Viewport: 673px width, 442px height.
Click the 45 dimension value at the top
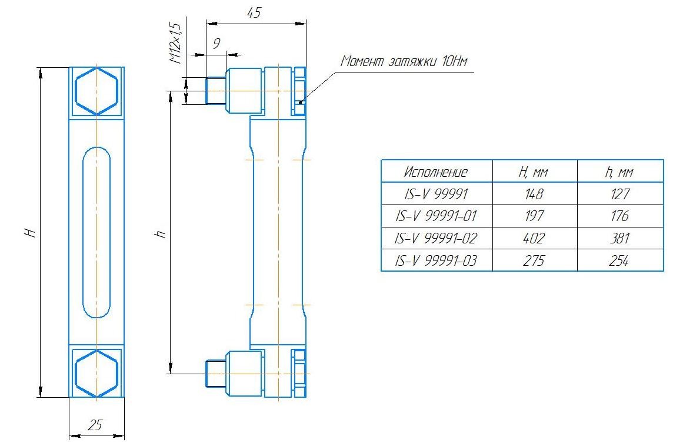254,13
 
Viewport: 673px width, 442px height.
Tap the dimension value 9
216,44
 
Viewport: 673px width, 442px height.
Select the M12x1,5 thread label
175,43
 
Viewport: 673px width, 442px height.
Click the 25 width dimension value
95,425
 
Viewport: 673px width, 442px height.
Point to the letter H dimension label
30,233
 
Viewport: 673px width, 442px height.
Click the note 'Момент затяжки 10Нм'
404,61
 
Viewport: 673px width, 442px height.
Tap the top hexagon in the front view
96,91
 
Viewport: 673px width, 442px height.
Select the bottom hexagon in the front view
96,373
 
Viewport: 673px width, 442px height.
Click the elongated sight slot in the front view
96,233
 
